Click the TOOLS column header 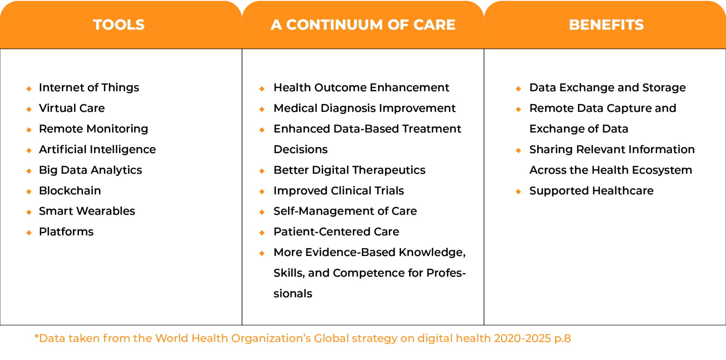point(119,25)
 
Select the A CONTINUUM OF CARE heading point(363,25)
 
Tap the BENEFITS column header point(606,25)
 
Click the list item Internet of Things point(89,88)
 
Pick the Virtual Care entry point(72,108)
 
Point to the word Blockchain point(70,191)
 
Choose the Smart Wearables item point(87,211)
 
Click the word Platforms point(66,231)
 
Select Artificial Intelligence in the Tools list point(97,150)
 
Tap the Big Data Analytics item point(90,170)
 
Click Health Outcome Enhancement point(361,88)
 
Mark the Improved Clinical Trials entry point(339,191)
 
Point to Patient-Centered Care point(336,231)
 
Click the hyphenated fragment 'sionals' point(293,293)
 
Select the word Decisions point(301,149)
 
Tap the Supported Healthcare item point(591,191)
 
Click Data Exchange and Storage point(607,88)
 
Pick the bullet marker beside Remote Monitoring point(29,130)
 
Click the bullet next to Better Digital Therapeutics point(262,171)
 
